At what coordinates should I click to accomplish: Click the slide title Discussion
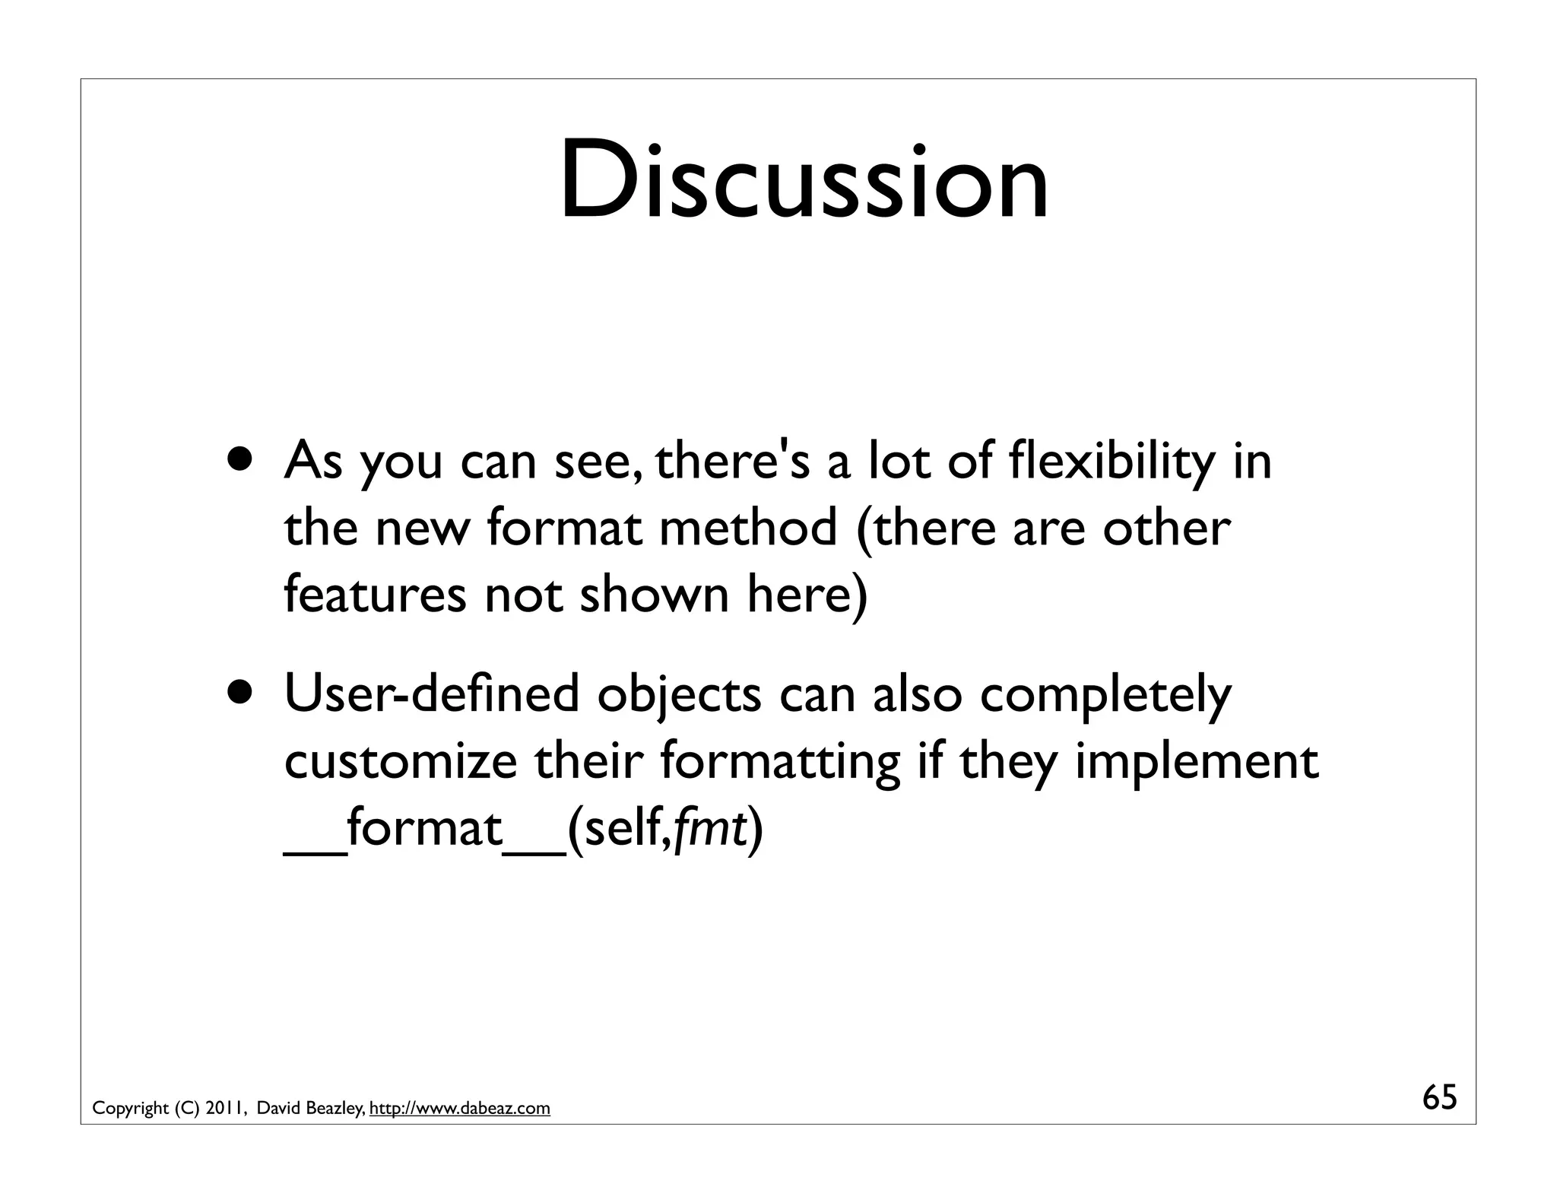coord(804,183)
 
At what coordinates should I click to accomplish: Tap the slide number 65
coord(1439,1098)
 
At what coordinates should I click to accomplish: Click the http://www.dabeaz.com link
coord(459,1109)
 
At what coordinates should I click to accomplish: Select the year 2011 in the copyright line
coord(225,1109)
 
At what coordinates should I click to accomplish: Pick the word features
coord(376,594)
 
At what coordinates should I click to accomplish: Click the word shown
coord(654,594)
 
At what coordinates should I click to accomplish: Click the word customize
coord(400,760)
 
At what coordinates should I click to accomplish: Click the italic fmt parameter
coord(709,827)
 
